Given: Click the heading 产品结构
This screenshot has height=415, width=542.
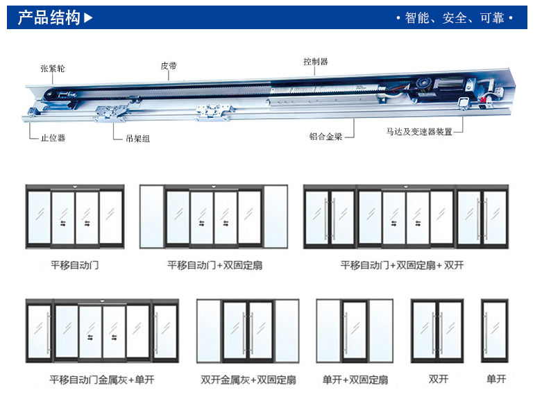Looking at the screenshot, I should click(49, 18).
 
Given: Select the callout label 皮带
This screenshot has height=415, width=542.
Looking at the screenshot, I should click(169, 65).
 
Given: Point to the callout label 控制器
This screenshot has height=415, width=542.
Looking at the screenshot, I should click(315, 61).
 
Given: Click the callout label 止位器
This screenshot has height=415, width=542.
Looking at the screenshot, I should click(52, 138).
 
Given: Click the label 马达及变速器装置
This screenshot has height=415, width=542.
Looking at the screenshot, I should click(419, 131).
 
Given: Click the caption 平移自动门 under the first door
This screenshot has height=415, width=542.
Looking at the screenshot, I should click(74, 265).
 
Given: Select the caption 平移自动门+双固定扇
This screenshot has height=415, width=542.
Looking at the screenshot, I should click(214, 265).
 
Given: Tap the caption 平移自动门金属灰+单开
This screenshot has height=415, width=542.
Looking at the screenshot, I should click(101, 380).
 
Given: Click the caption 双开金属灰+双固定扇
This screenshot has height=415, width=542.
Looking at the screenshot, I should click(248, 380).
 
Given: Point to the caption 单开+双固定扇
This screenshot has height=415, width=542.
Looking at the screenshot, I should click(355, 380).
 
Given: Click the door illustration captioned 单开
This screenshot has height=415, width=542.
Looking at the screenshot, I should click(495, 330).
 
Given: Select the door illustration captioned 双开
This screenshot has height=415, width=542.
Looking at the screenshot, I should click(437, 330).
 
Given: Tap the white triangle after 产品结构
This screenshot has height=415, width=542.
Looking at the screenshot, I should click(88, 18).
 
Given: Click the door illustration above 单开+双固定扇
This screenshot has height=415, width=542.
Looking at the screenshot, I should click(355, 330).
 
